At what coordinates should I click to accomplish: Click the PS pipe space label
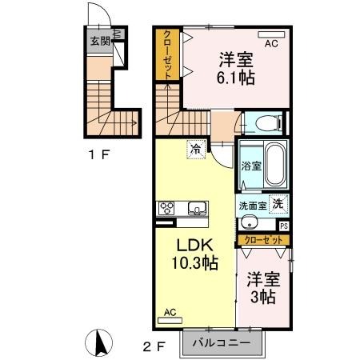[284, 226]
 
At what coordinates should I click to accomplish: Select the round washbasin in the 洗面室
[250, 223]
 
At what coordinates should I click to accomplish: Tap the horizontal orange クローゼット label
[262, 239]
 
